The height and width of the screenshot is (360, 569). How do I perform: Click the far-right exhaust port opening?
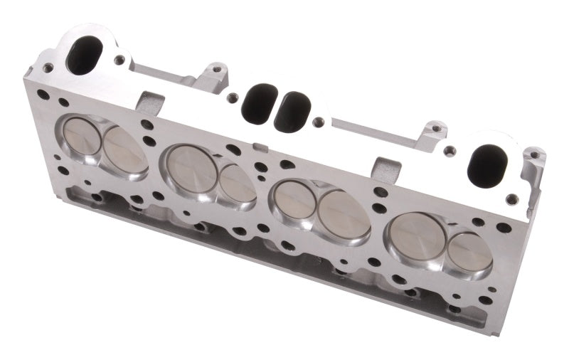(x=490, y=161)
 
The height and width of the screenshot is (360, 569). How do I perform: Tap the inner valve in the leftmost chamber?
(x=124, y=149)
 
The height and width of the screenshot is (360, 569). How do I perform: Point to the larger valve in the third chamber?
(x=343, y=214)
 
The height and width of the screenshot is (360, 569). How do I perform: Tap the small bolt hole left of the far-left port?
(x=48, y=68)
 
